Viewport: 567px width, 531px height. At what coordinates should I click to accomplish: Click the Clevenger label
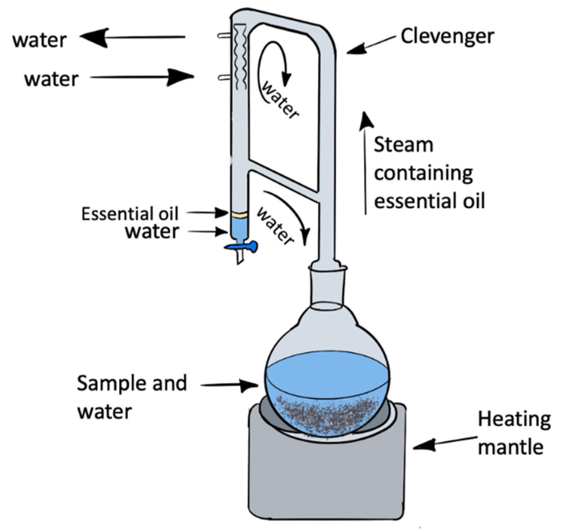tap(447, 37)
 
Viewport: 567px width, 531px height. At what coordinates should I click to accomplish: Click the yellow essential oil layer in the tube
tap(239, 215)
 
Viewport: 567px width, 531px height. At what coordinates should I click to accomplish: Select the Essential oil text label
tap(130, 214)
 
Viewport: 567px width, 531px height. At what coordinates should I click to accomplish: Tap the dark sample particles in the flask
tap(326, 413)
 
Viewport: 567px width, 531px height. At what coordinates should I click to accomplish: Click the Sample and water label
tap(132, 397)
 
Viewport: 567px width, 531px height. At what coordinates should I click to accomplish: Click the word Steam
tap(403, 145)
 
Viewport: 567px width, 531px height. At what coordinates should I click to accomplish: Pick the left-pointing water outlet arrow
tap(132, 37)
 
